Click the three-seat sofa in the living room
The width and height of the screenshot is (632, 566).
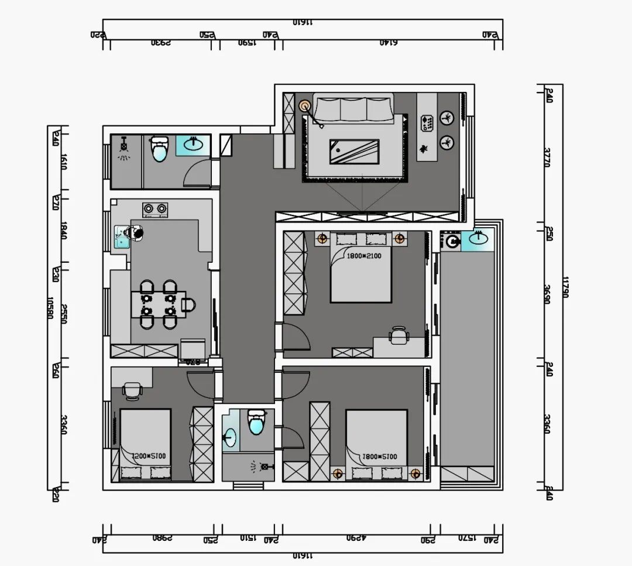[x=353, y=109]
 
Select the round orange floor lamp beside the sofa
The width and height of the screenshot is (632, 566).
[x=304, y=106]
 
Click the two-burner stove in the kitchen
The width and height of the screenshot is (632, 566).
[x=154, y=208]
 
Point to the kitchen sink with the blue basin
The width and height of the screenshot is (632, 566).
[x=122, y=237]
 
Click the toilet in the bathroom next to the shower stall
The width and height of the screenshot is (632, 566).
[x=159, y=150]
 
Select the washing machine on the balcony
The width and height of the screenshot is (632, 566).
[x=451, y=241]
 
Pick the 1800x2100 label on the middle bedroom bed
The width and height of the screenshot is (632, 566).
[x=364, y=256]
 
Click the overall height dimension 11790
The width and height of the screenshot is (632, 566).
[x=564, y=287]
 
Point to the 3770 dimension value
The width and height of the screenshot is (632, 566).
[x=547, y=157]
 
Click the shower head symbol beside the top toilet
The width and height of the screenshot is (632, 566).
[x=124, y=147]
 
